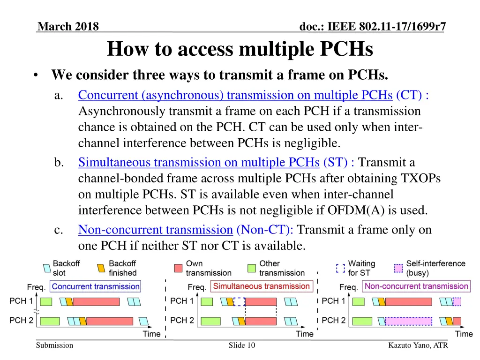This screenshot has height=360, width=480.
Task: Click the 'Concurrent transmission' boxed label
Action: click(96, 286)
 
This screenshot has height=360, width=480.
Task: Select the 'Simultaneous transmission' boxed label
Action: click(261, 286)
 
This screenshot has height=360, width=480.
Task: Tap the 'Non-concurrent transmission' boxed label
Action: click(416, 286)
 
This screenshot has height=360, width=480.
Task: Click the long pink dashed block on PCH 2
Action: click(408, 321)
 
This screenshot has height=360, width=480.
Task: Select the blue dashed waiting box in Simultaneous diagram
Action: click(239, 301)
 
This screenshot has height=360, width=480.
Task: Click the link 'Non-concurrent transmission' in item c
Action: click(155, 230)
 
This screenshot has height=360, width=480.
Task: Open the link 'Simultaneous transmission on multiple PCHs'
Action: click(199, 162)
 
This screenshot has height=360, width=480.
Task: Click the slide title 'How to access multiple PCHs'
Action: click(240, 49)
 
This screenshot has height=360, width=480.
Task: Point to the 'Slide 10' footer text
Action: click(242, 345)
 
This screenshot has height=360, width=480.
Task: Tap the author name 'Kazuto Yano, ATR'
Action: click(418, 345)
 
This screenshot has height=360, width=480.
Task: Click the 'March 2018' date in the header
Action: click(68, 27)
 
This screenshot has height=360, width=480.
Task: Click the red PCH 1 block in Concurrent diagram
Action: click(96, 301)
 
